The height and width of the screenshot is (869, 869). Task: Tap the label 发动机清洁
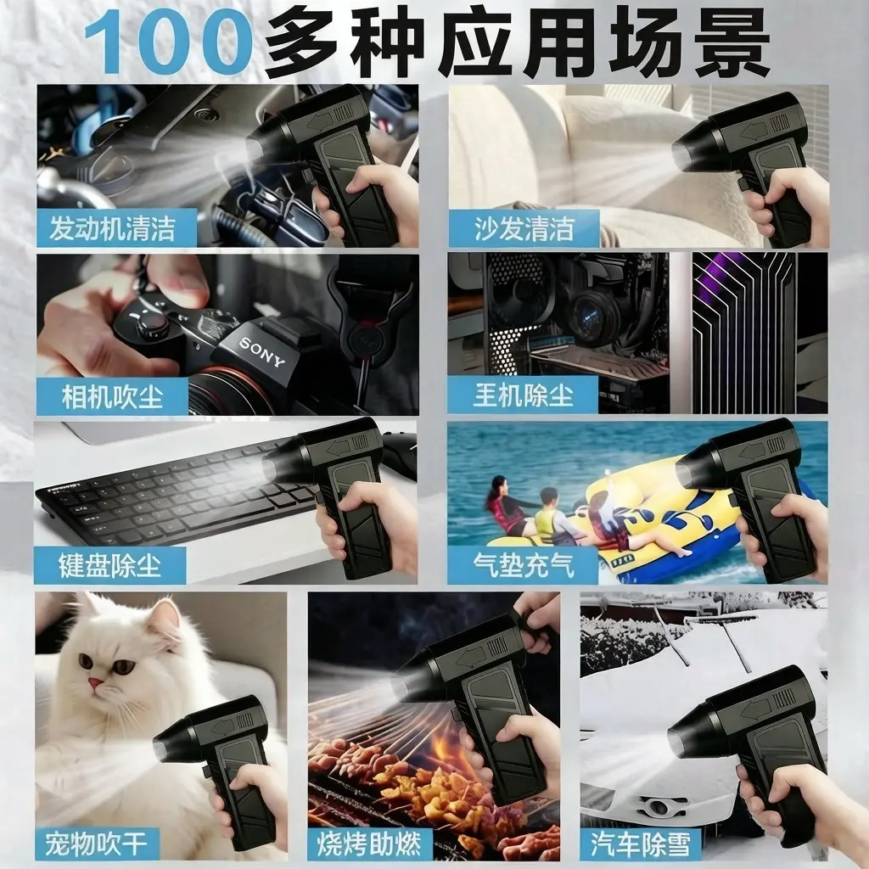(x=113, y=228)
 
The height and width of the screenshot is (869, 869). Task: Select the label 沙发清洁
(x=524, y=229)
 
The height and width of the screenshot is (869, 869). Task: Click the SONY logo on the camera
(x=261, y=352)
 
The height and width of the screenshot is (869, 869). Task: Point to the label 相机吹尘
(x=113, y=397)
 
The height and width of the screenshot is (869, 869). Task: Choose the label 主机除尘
(x=523, y=395)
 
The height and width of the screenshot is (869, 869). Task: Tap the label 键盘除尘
(x=109, y=565)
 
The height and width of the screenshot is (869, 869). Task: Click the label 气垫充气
(x=524, y=565)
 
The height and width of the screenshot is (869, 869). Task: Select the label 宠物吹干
(x=97, y=843)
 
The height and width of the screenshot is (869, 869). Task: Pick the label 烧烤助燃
(x=369, y=844)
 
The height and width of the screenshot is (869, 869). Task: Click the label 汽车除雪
(x=642, y=844)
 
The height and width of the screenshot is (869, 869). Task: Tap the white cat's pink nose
(x=95, y=683)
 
